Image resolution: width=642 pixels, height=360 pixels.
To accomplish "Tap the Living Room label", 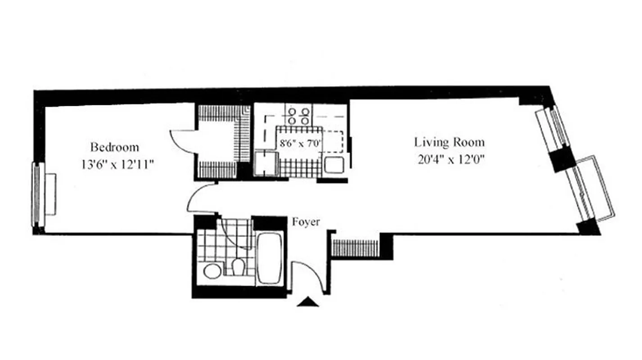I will (x=449, y=143).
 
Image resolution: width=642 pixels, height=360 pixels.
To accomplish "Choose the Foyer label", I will (x=306, y=222).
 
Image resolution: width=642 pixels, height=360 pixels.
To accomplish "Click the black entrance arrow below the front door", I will (x=308, y=302).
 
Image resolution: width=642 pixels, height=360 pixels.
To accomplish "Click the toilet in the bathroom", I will (x=238, y=267).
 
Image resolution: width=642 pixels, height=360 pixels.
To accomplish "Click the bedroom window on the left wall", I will (x=35, y=194).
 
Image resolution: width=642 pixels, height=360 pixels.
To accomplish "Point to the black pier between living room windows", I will (x=563, y=160).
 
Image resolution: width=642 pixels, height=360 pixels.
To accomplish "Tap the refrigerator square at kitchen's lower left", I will (x=265, y=163).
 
